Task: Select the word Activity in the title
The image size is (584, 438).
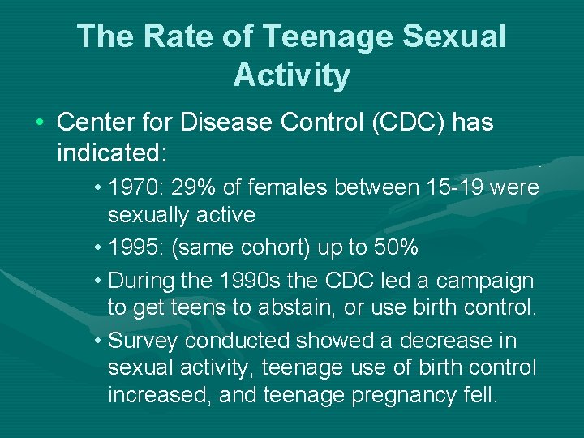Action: [292, 75]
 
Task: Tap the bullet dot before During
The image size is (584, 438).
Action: [97, 281]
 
